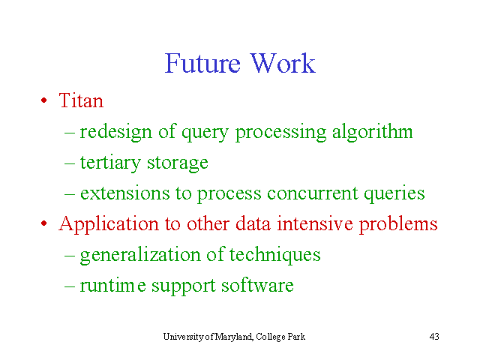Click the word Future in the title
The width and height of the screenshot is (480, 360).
pyautogui.click(x=202, y=63)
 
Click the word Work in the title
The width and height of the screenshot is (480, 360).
pyautogui.click(x=283, y=63)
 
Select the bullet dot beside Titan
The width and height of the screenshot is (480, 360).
pyautogui.click(x=44, y=100)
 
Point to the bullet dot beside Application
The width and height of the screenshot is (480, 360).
pyautogui.click(x=44, y=223)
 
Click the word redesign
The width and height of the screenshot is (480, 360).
pyautogui.click(x=116, y=132)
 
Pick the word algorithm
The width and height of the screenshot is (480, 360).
pyautogui.click(x=373, y=132)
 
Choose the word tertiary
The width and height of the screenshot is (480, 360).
pyautogui.click(x=110, y=163)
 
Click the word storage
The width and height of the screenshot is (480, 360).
pyautogui.click(x=178, y=163)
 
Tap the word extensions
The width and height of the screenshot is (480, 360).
pyautogui.click(x=125, y=193)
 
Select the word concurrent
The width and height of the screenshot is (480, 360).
pyautogui.click(x=313, y=193)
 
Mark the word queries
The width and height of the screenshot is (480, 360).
pyautogui.click(x=394, y=194)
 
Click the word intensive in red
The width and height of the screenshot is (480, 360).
pyautogui.click(x=315, y=223)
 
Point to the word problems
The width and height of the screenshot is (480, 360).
pyautogui.click(x=398, y=224)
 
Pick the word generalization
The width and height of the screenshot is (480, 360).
pyautogui.click(x=140, y=255)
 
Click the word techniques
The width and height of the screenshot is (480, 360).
pyautogui.click(x=275, y=255)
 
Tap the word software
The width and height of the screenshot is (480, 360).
pyautogui.click(x=257, y=285)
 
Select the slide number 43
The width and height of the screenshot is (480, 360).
pyautogui.click(x=434, y=337)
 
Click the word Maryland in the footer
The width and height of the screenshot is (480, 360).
pyautogui.click(x=234, y=337)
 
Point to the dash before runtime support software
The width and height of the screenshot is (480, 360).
pyautogui.click(x=70, y=286)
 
